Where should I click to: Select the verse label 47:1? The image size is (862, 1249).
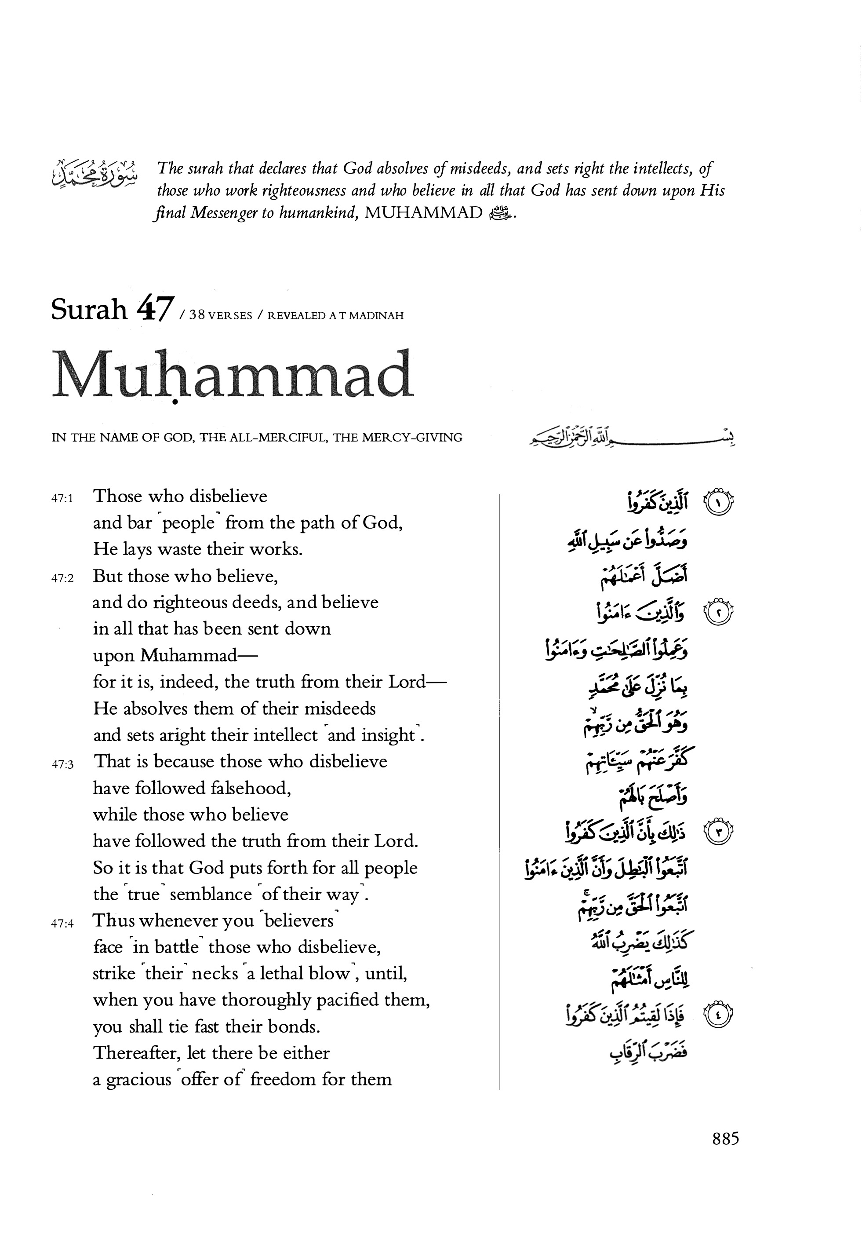62,498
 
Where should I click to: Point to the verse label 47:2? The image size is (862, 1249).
62,578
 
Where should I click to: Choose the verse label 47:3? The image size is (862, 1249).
62,764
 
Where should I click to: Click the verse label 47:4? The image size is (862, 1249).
62,923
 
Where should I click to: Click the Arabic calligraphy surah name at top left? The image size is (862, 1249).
94,173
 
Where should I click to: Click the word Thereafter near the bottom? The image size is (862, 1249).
137,1053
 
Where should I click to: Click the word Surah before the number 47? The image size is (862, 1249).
89,310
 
